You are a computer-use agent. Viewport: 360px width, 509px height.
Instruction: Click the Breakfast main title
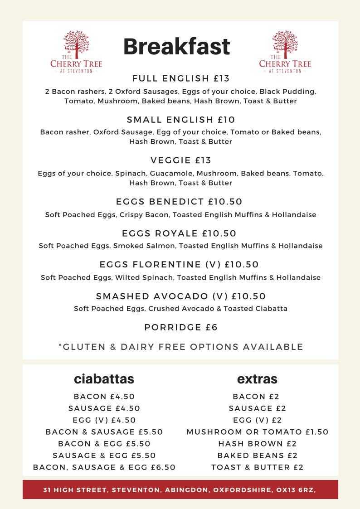click(x=176, y=47)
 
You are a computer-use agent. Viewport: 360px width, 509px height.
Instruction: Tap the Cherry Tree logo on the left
click(x=76, y=52)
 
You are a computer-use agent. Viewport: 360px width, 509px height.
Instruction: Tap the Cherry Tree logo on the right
click(x=285, y=52)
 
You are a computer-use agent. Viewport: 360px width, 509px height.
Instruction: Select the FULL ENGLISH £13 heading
click(x=181, y=79)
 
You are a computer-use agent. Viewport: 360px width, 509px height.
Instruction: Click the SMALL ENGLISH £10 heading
click(x=181, y=120)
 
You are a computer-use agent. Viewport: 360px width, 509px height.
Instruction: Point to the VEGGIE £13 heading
click(x=181, y=160)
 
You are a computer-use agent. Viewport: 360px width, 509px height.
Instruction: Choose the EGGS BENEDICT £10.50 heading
click(x=180, y=202)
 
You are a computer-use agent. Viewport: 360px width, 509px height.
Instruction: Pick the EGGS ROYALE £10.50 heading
click(x=180, y=233)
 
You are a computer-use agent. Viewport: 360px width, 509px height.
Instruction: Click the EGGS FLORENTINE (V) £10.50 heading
click(x=180, y=265)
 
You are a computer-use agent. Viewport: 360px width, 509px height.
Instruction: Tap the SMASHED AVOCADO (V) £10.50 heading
click(x=181, y=296)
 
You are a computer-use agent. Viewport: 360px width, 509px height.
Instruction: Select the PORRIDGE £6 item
click(x=181, y=327)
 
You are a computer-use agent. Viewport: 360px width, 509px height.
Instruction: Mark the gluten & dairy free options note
click(x=181, y=347)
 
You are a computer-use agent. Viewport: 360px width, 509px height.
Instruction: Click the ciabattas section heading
click(x=104, y=379)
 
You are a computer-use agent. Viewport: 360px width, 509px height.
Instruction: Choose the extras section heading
click(x=257, y=379)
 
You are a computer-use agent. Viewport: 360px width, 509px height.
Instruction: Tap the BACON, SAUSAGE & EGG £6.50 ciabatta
click(x=104, y=467)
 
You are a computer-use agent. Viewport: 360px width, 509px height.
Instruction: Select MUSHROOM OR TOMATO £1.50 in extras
click(x=258, y=432)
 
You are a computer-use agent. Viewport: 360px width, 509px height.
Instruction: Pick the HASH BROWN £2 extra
click(x=258, y=444)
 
